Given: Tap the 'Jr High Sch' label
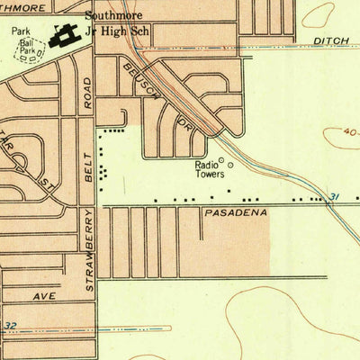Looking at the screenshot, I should coord(119,32).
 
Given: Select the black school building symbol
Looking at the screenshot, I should coord(63,34).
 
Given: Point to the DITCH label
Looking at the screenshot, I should coord(333,41).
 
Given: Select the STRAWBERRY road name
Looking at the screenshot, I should coord(90,250).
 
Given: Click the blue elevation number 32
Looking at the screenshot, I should coord(10,326).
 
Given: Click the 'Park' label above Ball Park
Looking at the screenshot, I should coord(21,30).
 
